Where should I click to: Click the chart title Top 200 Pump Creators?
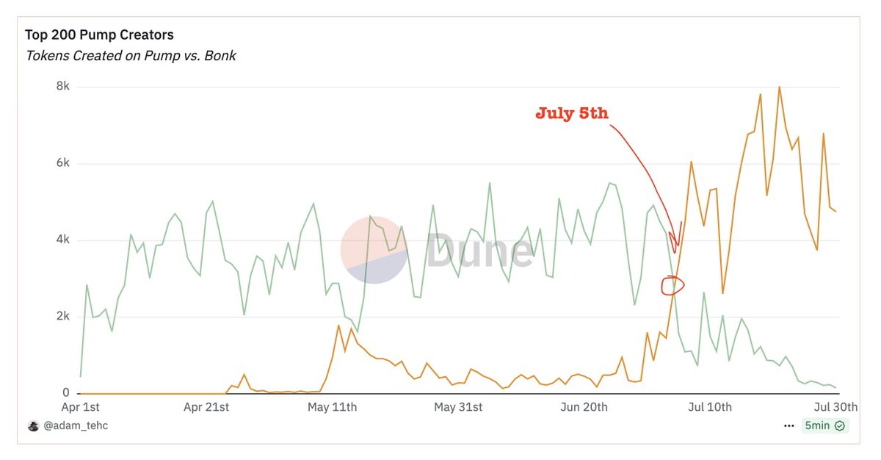[x=99, y=35]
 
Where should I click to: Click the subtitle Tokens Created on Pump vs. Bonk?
[x=131, y=56]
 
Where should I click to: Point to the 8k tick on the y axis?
[x=62, y=87]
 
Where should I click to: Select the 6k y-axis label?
[x=62, y=163]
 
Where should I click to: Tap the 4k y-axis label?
[x=62, y=240]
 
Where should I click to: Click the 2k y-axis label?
[x=62, y=317]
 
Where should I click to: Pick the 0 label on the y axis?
[x=66, y=393]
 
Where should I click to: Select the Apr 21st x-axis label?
[x=206, y=407]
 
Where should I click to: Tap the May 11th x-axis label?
[x=333, y=407]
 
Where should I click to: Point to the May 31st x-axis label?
[x=458, y=407]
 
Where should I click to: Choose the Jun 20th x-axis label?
[x=584, y=407]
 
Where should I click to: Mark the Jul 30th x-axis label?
[x=835, y=407]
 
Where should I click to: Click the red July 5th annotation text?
[x=572, y=114]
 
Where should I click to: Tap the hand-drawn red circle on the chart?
[x=672, y=285]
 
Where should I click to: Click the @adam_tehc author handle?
[x=75, y=425]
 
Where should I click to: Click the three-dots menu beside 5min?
[x=789, y=425]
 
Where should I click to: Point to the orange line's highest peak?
[x=779, y=87]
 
